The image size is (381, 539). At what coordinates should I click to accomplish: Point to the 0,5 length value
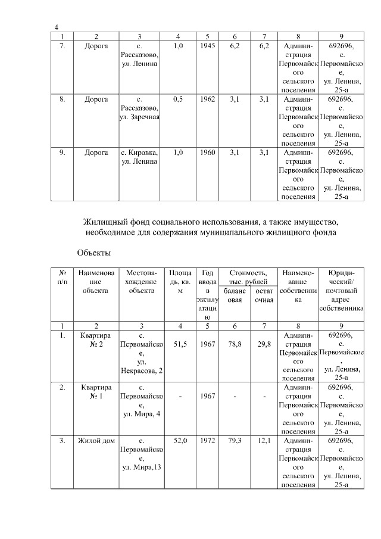pos(177,99)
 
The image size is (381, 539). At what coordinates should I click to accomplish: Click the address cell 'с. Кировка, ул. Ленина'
pos(139,157)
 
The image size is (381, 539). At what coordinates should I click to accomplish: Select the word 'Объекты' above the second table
pos(94,253)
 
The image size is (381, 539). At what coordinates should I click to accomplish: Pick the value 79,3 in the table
pos(235,441)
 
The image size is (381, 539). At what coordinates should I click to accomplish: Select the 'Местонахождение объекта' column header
pos(141,281)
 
